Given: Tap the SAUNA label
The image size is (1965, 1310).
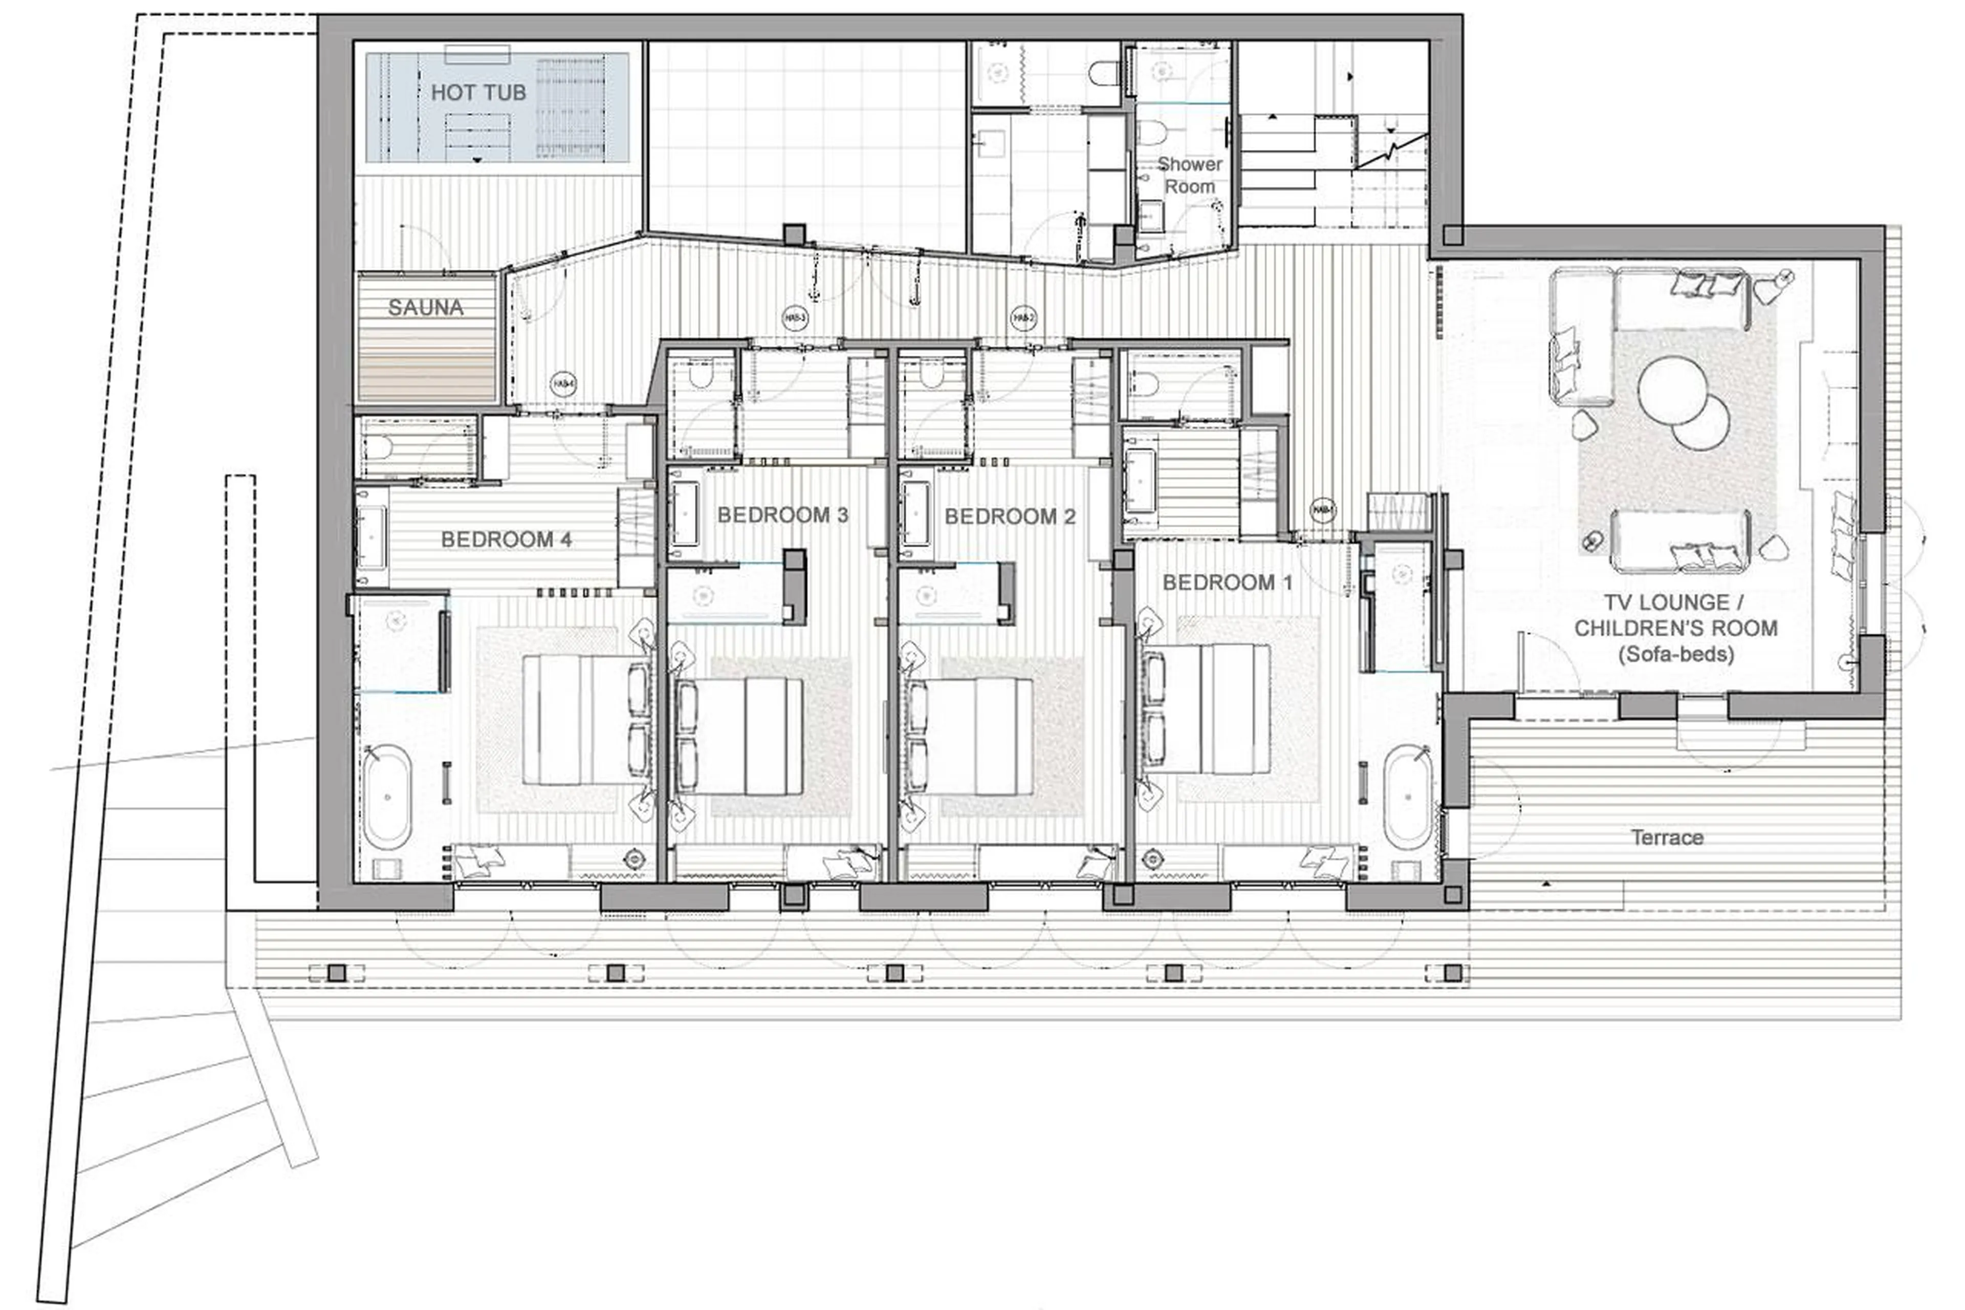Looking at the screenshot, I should coord(425,308).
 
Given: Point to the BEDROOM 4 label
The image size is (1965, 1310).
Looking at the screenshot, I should coord(506,540).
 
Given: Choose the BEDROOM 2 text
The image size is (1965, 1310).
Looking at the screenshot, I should coord(1010,517).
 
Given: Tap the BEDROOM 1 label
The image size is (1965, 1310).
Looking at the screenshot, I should coord(1227,583).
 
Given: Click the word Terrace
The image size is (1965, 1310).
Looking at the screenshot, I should coord(1667,837).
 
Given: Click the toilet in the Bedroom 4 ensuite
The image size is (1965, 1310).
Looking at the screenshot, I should coord(378,448).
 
